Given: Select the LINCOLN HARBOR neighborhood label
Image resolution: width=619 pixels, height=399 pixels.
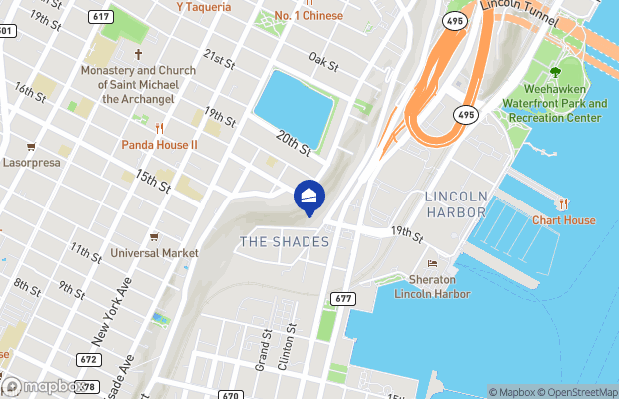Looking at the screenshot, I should point(454,203).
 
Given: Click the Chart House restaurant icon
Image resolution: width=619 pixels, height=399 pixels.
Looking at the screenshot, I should point(563,203).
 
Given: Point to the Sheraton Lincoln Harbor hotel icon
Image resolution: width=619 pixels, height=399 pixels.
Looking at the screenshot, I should point(432,263).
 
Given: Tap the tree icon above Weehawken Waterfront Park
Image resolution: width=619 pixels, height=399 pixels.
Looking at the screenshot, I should point(555,71).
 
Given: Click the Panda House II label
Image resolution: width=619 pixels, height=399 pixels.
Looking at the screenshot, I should point(160,145).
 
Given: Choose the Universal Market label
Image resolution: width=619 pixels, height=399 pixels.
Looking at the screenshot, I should point(155,253).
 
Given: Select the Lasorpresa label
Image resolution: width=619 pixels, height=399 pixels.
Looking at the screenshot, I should point(32,162).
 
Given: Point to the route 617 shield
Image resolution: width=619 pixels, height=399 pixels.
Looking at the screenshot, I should point(100,17).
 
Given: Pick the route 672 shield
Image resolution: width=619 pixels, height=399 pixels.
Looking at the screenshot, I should point(88,359).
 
